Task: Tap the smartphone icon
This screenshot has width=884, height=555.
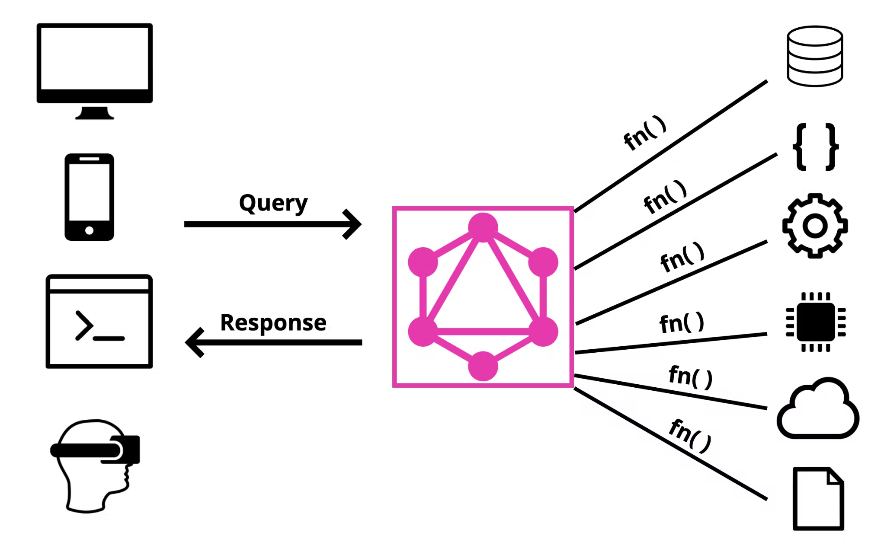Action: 89,197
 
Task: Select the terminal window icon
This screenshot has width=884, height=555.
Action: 99,321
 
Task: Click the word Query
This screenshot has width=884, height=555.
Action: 273,203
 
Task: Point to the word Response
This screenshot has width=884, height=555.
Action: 273,322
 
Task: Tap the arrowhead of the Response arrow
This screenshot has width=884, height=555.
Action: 193,342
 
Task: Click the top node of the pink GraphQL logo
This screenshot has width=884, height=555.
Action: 483,226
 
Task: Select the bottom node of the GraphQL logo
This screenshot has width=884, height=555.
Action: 483,367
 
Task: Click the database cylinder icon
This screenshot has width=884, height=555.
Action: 815,56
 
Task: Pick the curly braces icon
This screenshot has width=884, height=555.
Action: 815,147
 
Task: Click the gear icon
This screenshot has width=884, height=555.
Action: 815,226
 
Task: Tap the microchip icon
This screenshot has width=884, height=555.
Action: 815,322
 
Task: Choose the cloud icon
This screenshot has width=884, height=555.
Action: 817,411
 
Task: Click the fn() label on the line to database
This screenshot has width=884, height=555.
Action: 645,133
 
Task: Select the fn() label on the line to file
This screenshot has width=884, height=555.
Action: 690,436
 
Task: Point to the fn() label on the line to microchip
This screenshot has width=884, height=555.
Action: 682,323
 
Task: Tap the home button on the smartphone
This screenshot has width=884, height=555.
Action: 89,230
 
